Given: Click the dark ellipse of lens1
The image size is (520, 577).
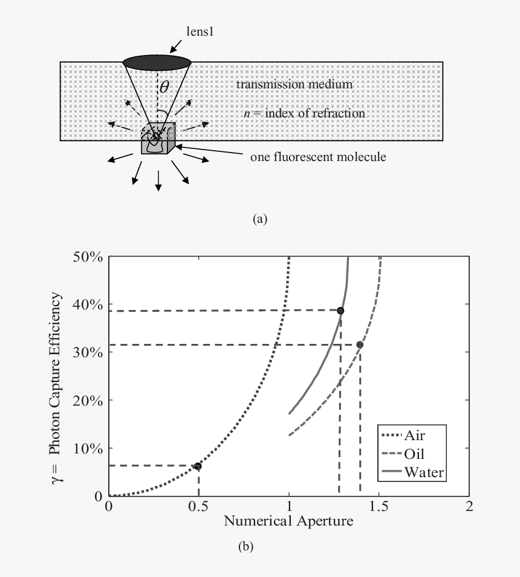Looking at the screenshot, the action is point(157,62).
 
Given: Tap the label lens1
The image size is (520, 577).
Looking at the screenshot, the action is point(200,31).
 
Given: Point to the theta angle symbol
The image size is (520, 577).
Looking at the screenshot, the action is point(164,87).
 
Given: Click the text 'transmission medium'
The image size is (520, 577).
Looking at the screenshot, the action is point(294,84).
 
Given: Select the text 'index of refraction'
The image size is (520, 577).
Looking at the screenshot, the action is point(315,113).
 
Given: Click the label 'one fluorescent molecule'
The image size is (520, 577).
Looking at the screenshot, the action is point(318,157).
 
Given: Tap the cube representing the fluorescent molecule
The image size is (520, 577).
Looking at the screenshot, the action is point(158,139).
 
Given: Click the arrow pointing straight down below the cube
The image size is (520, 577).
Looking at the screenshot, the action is point(158,180).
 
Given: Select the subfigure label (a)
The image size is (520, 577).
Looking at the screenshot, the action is point(260,219).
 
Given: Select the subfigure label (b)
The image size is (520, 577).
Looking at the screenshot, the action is point(245,546).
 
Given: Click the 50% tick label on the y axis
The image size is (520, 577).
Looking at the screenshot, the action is point(88,257).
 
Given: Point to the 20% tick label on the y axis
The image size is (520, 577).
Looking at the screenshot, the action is point(88,400).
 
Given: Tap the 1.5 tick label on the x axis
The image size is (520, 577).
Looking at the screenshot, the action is point(379,507).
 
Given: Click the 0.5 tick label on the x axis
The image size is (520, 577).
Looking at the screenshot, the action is point(198,507).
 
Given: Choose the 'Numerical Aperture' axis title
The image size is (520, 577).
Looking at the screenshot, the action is point(288,521).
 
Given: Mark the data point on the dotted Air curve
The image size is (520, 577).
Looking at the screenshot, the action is point(198,466).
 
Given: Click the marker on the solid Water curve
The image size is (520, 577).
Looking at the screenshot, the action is point(340,311).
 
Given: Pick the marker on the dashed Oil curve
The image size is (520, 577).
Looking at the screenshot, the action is point(360,345).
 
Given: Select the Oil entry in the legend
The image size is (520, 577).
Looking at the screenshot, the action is point(403,453).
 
